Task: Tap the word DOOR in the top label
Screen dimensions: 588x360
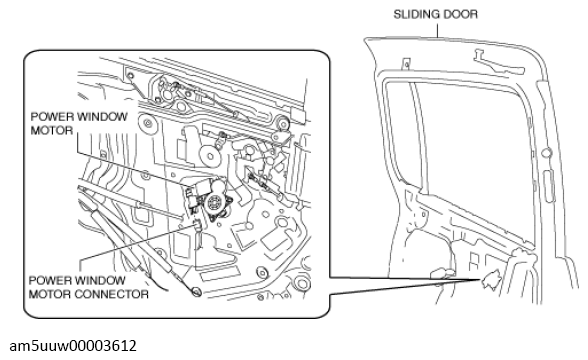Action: [461, 14]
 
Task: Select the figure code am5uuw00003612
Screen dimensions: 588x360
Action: [73, 346]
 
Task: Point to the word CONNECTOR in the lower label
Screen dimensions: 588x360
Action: [111, 294]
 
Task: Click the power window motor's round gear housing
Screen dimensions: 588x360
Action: [214, 204]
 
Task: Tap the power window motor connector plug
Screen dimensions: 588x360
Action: [197, 225]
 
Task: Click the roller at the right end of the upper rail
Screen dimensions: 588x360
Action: [282, 123]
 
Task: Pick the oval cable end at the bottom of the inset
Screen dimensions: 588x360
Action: [196, 291]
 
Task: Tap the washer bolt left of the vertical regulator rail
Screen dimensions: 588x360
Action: [147, 123]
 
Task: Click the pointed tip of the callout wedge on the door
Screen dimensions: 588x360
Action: [481, 279]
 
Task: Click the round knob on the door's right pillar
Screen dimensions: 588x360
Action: [547, 153]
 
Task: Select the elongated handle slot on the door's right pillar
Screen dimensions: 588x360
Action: [549, 186]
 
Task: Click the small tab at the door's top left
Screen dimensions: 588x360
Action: [406, 64]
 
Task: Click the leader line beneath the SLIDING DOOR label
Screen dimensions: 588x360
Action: [437, 30]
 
